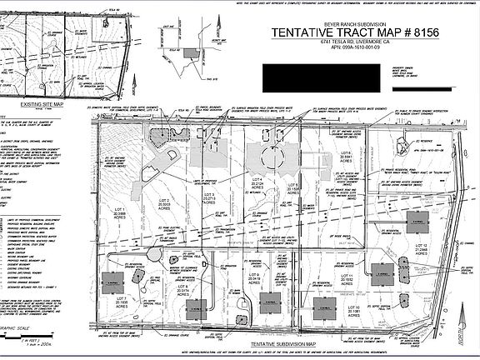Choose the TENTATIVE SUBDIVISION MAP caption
coord(242,344)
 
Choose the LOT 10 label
coord(352,311)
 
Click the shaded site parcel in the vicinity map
coord(192,52)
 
